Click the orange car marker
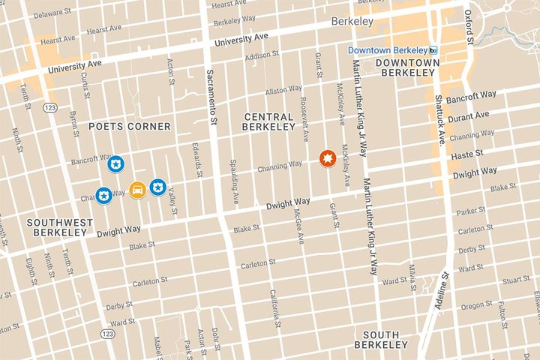[x=137, y=190]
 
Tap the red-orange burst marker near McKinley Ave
[x=327, y=158]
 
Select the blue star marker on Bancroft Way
[x=116, y=163]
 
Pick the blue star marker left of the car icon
[x=104, y=195]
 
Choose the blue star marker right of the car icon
[x=157, y=187]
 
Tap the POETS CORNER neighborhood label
[x=130, y=126]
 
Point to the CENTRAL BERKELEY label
[x=268, y=121]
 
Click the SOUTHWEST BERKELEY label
[x=59, y=228]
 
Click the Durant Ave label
[x=470, y=115]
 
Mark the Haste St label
[x=466, y=155]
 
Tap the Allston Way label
[x=283, y=91]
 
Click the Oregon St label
[x=476, y=305]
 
